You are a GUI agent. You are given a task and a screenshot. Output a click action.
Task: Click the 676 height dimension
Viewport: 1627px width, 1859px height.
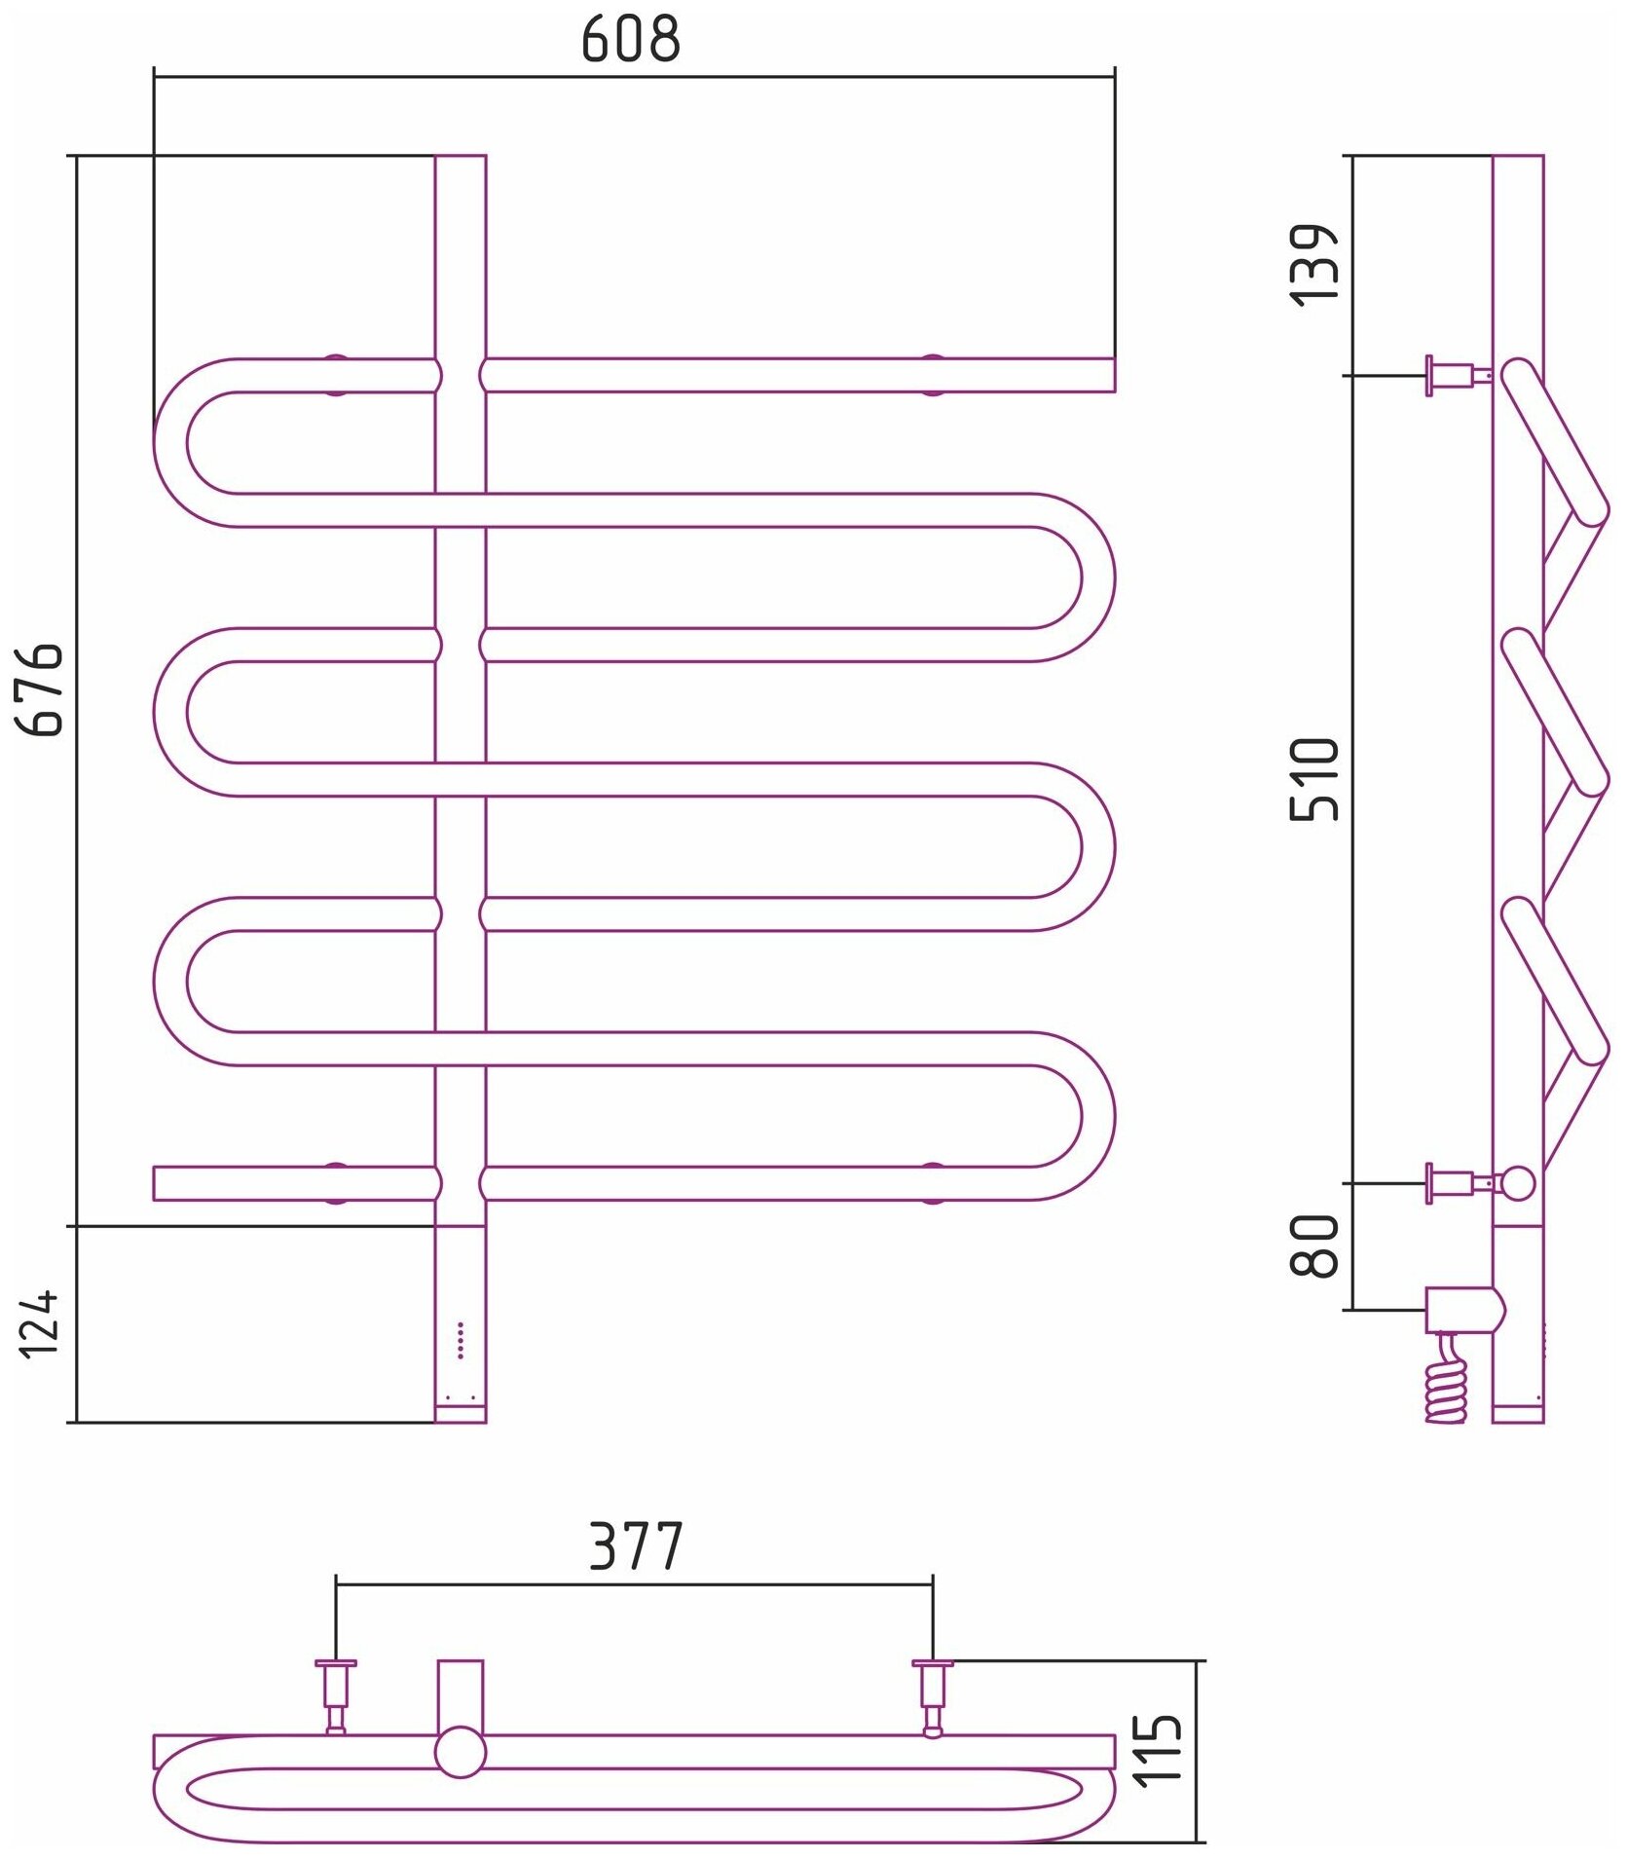pyautogui.click(x=41, y=688)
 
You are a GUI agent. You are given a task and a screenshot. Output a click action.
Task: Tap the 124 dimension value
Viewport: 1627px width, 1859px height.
pyautogui.click(x=41, y=1323)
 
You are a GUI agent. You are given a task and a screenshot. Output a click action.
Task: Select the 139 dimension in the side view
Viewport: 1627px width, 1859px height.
pyautogui.click(x=1313, y=265)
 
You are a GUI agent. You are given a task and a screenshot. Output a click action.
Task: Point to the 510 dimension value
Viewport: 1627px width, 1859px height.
pyautogui.click(x=1313, y=779)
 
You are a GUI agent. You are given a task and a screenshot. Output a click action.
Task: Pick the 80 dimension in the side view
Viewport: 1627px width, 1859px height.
pyautogui.click(x=1313, y=1246)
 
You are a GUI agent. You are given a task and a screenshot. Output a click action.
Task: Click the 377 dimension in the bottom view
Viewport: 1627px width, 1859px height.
pyautogui.click(x=636, y=1546)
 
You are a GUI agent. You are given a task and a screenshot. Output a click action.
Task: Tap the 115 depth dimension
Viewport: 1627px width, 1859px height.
pyautogui.click(x=1160, y=1749)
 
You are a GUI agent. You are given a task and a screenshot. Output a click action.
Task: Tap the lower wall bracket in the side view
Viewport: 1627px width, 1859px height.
pyautogui.click(x=1455, y=1183)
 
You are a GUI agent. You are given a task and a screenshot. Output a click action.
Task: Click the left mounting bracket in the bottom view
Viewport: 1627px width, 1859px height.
pyautogui.click(x=336, y=1695)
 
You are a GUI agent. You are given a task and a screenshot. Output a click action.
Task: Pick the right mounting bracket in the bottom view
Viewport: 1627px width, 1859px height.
pyautogui.click(x=932, y=1695)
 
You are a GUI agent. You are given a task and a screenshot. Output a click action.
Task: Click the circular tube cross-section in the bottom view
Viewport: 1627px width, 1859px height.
pyautogui.click(x=460, y=1752)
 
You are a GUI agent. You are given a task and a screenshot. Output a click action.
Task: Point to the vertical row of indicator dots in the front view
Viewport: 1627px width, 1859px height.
pyautogui.click(x=461, y=1340)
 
